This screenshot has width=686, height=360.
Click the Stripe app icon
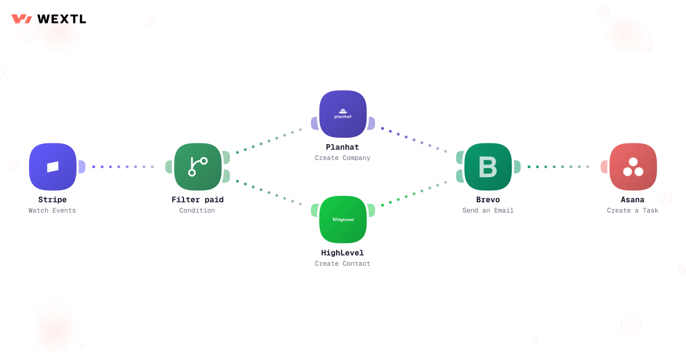[x=53, y=167]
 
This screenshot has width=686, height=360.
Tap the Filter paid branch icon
[x=198, y=167]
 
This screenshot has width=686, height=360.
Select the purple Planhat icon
[x=343, y=114]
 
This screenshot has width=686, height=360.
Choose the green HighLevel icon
[x=343, y=219]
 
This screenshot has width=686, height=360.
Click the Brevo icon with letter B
[x=488, y=167]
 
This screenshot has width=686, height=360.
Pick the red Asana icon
[x=633, y=167]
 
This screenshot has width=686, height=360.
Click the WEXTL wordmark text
[x=62, y=19]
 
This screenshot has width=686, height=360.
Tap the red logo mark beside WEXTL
[x=22, y=19]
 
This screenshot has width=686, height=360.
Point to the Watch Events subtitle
[x=52, y=210]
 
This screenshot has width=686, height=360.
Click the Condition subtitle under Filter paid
[x=197, y=210]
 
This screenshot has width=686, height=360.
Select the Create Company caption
[x=342, y=158]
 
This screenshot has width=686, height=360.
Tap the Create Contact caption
[x=342, y=263]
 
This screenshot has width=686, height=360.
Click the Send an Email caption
[x=488, y=210]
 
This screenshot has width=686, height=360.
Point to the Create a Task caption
[x=633, y=210]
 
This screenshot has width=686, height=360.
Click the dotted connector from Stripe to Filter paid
[x=123, y=167]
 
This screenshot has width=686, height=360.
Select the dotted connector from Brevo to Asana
[x=559, y=167]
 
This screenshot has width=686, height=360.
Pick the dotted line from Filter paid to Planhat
[x=269, y=141]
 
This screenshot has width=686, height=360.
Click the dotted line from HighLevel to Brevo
[x=414, y=194]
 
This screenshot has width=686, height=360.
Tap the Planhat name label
[x=342, y=147]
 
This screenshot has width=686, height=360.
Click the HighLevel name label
[x=342, y=253]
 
